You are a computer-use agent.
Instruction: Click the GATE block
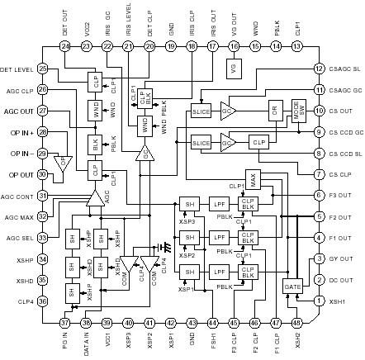[292, 286]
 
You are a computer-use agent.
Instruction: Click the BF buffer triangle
[59, 163]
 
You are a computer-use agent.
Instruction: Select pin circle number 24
[66, 46]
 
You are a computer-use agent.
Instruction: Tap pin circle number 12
[320, 69]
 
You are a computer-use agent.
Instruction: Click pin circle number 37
[66, 323]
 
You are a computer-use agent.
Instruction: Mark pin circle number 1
[320, 301]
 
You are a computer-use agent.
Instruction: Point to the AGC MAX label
[19, 217]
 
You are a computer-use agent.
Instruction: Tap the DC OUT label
[341, 280]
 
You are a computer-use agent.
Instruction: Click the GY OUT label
[341, 259]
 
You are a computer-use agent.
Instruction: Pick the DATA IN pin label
[86, 343]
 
